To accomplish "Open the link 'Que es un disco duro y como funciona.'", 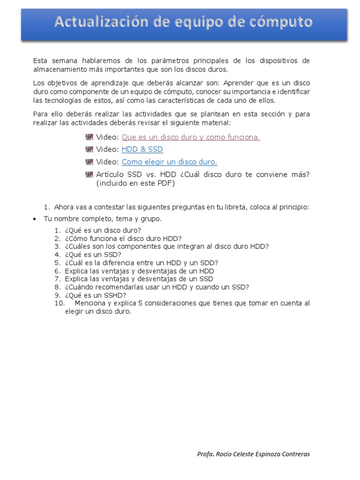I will click(190, 137).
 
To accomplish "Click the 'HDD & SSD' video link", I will click(142, 150).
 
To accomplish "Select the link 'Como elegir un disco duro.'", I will click(169, 162).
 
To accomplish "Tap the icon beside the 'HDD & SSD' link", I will click(90, 150).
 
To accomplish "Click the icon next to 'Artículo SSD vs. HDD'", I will click(90, 175).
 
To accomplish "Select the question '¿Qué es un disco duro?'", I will click(103, 230).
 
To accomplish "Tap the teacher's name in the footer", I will click(253, 454).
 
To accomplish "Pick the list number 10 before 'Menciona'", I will click(59, 303).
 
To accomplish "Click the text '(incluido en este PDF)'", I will click(135, 183).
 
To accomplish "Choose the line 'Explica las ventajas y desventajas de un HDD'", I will click(139, 271).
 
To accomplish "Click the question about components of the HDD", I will click(166, 247).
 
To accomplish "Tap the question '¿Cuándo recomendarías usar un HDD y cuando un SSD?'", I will click(157, 287).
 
